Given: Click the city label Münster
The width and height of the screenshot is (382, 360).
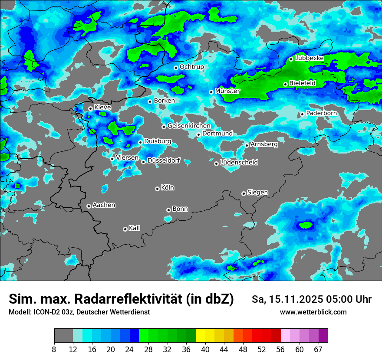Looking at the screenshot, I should coord(227,91).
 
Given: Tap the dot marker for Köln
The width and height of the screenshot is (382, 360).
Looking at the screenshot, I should coord(157,189).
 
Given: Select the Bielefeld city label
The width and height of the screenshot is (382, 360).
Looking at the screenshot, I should coord(302,83).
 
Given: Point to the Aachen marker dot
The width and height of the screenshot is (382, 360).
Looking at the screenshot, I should coord(89,206).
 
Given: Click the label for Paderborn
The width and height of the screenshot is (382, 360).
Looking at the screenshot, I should coord(321,113).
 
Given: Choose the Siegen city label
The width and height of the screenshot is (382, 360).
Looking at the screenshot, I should coord(257,193).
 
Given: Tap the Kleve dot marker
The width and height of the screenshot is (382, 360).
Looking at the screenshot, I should coord(90,108).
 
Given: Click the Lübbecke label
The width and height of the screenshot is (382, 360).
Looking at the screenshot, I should coord(309,58).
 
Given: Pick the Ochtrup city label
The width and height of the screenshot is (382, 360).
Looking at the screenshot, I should coord(191,67).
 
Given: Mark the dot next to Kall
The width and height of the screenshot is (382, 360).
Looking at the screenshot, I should coord(125,229).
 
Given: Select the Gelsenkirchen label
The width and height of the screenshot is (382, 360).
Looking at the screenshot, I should coord(189,126).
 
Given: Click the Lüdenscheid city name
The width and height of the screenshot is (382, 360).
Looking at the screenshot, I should coord(239,163).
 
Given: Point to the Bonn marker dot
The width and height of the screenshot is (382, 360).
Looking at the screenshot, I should coord(168,210).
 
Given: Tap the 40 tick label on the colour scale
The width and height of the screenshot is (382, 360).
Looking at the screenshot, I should coord(205,349).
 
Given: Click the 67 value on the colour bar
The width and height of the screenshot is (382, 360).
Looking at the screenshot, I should coord(319,349).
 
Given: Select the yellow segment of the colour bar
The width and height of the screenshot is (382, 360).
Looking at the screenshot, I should coord(201,336).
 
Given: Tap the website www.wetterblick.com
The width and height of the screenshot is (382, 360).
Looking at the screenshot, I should coord(313,312).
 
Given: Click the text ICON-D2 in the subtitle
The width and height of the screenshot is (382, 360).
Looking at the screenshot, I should coord(43,312).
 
